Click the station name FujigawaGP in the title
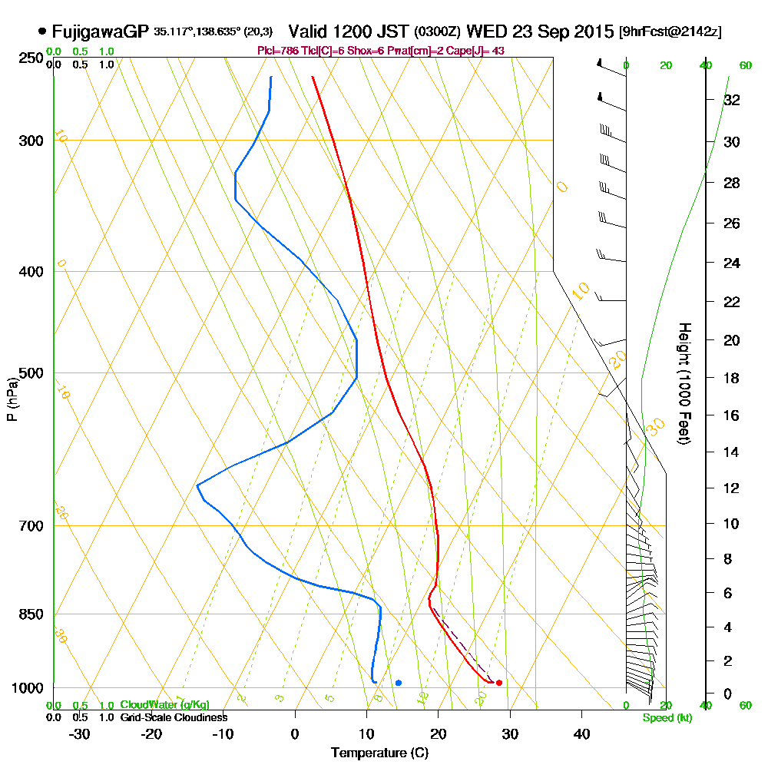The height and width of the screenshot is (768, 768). pyautogui.click(x=99, y=31)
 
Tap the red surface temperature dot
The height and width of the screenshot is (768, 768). pyautogui.click(x=499, y=683)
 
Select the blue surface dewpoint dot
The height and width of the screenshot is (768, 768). pyautogui.click(x=398, y=683)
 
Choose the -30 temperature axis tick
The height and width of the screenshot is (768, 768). pyautogui.click(x=80, y=733)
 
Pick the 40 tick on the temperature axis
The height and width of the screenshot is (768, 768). pyautogui.click(x=581, y=733)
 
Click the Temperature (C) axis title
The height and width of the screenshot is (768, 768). pyautogui.click(x=379, y=753)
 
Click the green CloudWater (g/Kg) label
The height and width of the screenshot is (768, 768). pyautogui.click(x=164, y=705)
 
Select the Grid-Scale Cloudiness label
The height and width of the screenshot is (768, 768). pyautogui.click(x=174, y=717)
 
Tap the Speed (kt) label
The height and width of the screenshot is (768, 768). pyautogui.click(x=666, y=717)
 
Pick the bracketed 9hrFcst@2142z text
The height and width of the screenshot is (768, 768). pyautogui.click(x=670, y=32)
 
